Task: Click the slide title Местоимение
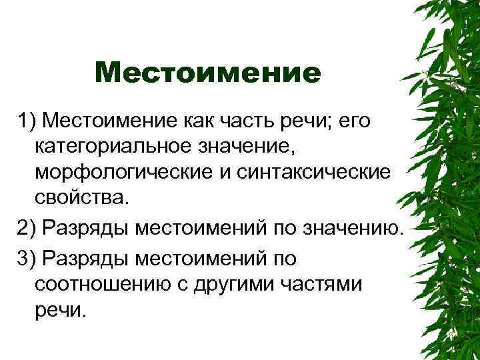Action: click(x=207, y=73)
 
